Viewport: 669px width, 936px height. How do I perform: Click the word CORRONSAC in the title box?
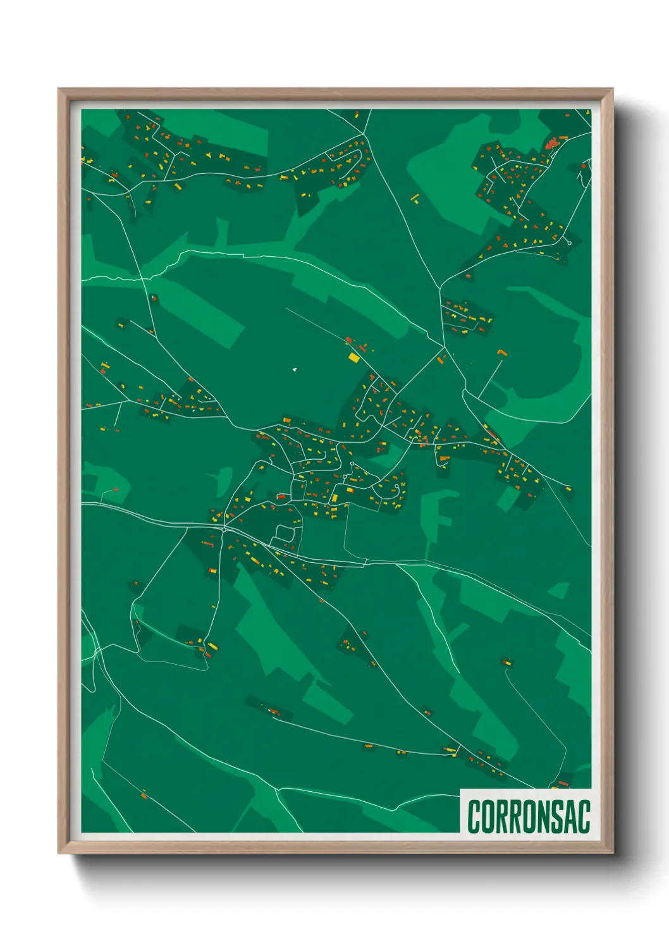pyautogui.click(x=529, y=816)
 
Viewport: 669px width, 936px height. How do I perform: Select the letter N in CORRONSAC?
pyautogui.click(x=541, y=816)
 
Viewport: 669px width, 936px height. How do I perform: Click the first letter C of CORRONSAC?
pyautogui.click(x=474, y=816)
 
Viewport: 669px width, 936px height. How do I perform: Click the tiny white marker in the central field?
pyautogui.click(x=294, y=369)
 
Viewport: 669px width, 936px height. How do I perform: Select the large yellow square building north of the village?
pyautogui.click(x=353, y=358)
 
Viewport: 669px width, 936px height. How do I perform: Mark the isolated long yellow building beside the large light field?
pyautogui.click(x=415, y=199)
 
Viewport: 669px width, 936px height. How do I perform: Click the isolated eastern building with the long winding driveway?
pyautogui.click(x=506, y=662)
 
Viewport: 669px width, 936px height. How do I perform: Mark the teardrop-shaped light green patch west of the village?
pyautogui.click(x=224, y=480)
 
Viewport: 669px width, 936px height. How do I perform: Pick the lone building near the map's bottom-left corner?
pyautogui.click(x=144, y=794)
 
